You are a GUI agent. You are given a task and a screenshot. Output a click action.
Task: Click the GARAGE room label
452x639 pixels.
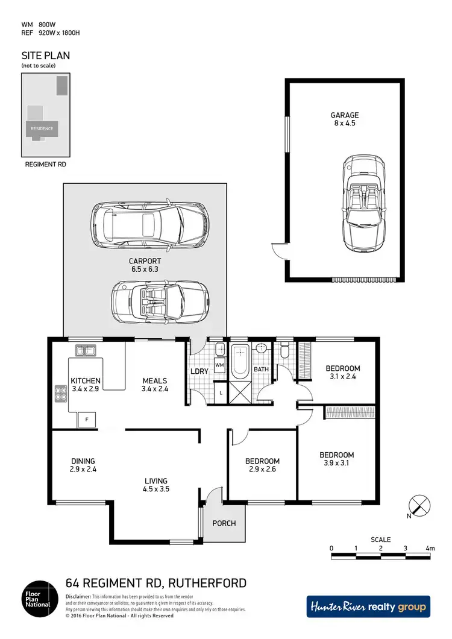(x=344, y=115)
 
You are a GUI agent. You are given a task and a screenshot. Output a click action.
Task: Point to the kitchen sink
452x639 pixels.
(x=86, y=350)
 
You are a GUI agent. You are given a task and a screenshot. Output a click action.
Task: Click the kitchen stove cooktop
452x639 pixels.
(x=61, y=393)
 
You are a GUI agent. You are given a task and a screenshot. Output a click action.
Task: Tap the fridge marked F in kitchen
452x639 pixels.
(x=87, y=419)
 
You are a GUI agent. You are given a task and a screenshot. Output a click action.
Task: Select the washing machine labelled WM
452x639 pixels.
(x=219, y=365)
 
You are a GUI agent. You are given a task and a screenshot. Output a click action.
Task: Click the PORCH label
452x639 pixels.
(x=224, y=523)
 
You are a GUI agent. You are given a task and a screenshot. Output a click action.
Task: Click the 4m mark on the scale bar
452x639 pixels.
(x=430, y=548)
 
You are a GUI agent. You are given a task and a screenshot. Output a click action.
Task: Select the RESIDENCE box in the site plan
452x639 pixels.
(x=42, y=128)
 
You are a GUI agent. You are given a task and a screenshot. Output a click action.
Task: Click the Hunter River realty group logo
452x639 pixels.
(x=368, y=606)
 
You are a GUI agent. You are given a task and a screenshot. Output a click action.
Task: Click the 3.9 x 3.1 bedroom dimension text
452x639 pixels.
(x=336, y=464)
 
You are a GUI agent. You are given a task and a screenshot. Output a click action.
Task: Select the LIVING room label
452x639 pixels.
(x=157, y=481)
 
